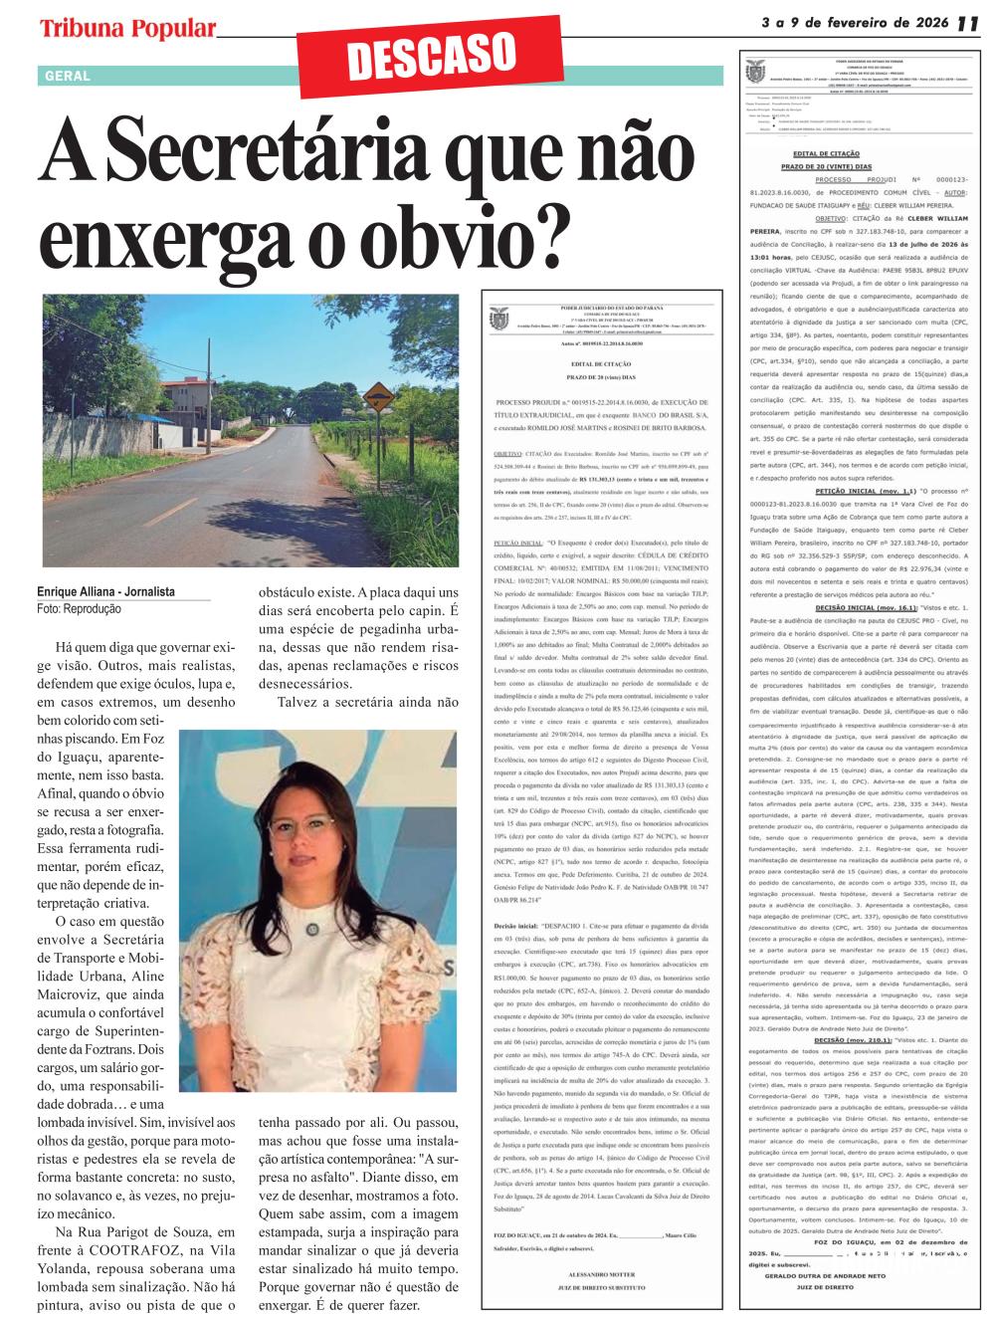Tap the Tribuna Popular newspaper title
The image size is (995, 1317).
127,29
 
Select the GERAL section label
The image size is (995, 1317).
68,76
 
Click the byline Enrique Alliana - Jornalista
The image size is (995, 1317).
105,591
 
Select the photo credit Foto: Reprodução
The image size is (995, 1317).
79,608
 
